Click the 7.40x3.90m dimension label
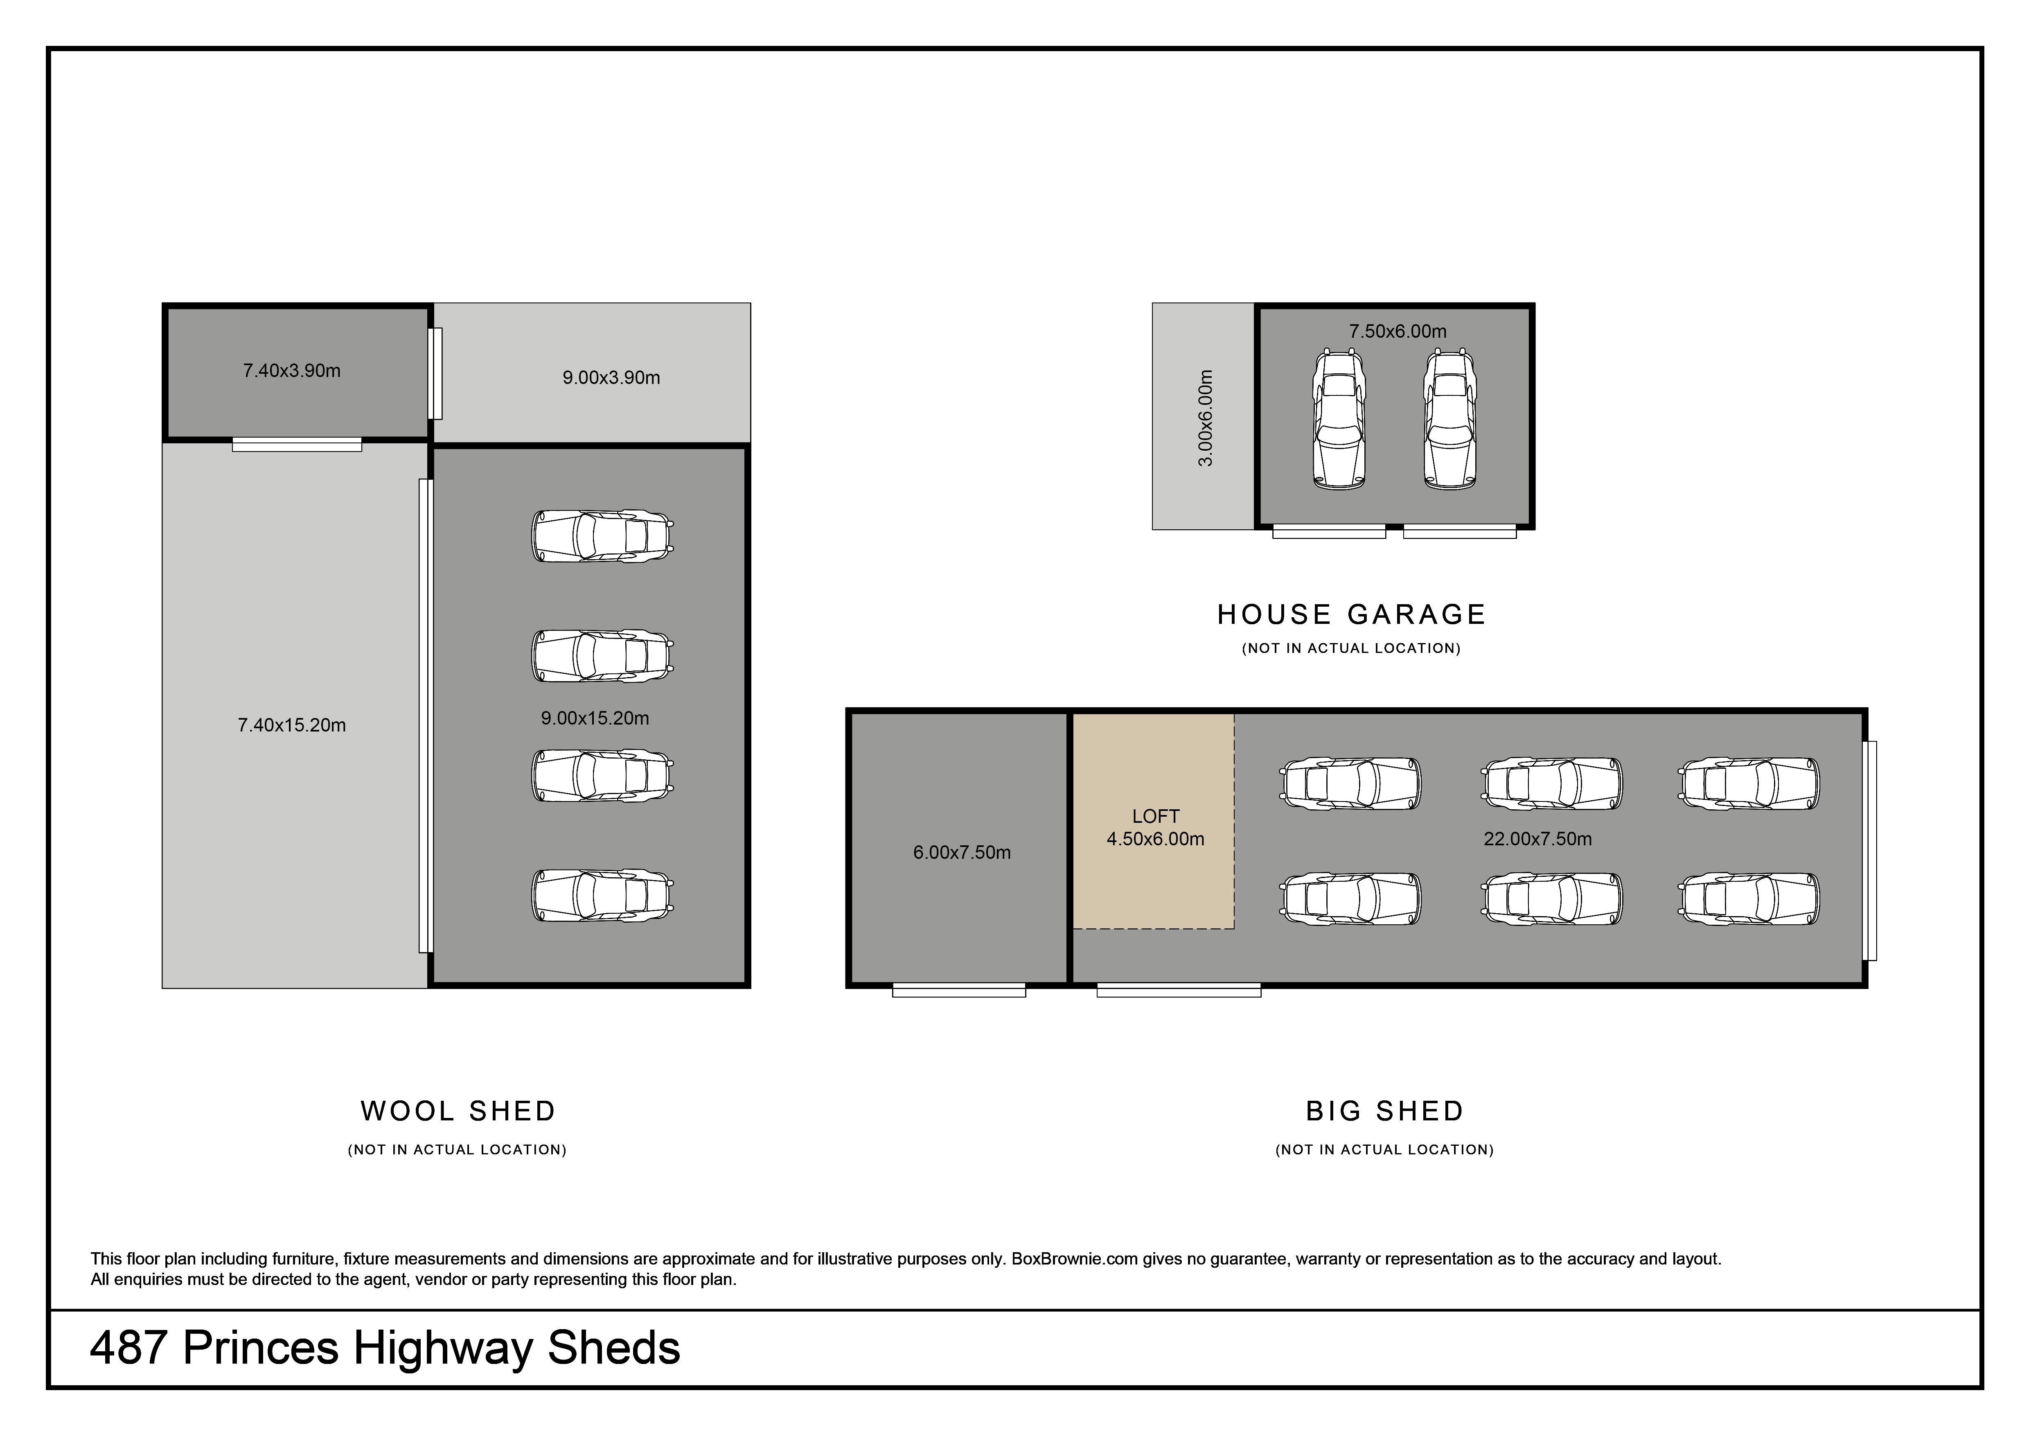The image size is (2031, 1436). click(x=292, y=371)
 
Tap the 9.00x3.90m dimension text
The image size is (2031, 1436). click(x=611, y=378)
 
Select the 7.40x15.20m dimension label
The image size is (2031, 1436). click(x=292, y=725)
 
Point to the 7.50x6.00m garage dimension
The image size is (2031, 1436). click(x=1398, y=332)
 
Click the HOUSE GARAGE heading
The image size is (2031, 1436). click(x=1352, y=614)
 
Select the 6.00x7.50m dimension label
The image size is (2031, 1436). click(x=962, y=853)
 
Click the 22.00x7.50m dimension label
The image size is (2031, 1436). click(x=1537, y=839)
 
